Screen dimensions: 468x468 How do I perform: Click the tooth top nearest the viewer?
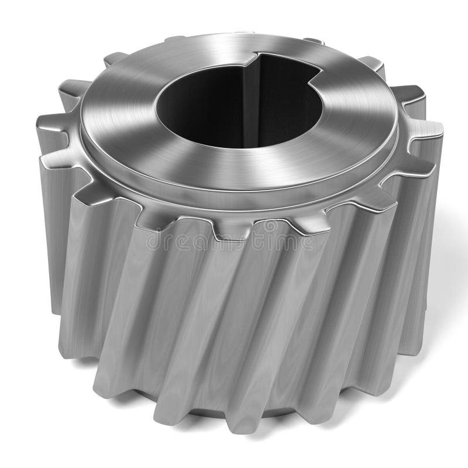click(x=234, y=231)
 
